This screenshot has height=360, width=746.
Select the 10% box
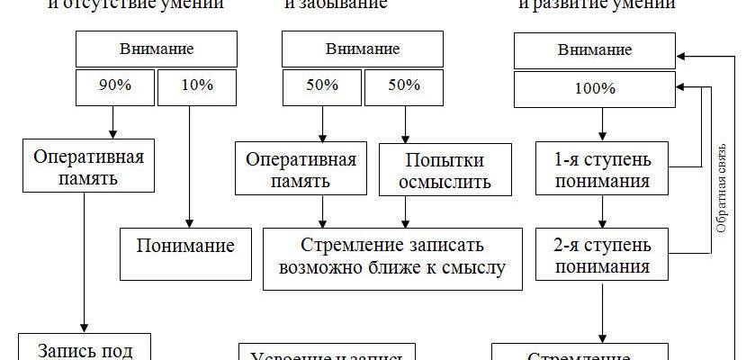(x=196, y=86)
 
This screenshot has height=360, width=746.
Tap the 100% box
(x=594, y=89)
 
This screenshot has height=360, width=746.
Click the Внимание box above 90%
(x=156, y=49)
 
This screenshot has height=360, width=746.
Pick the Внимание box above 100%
(x=594, y=50)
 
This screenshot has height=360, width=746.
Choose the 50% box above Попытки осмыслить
(x=404, y=86)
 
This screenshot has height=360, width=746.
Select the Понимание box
(x=185, y=246)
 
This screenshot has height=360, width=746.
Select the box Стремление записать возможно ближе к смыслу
(x=392, y=256)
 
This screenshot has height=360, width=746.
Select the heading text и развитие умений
(x=597, y=4)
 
